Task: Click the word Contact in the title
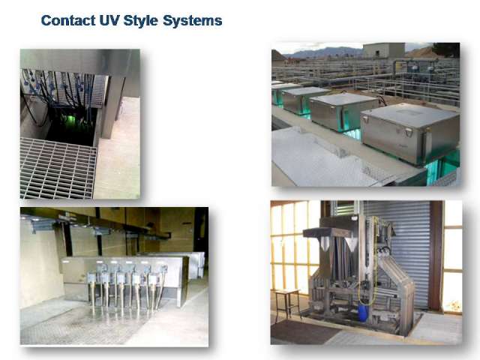click(68, 20)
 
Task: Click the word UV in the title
click(109, 20)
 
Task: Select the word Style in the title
click(140, 21)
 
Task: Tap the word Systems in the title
click(193, 21)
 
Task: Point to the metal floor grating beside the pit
click(58, 168)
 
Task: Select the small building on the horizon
click(384, 50)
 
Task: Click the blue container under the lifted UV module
click(362, 312)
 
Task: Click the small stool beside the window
click(287, 303)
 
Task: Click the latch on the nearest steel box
click(408, 132)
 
